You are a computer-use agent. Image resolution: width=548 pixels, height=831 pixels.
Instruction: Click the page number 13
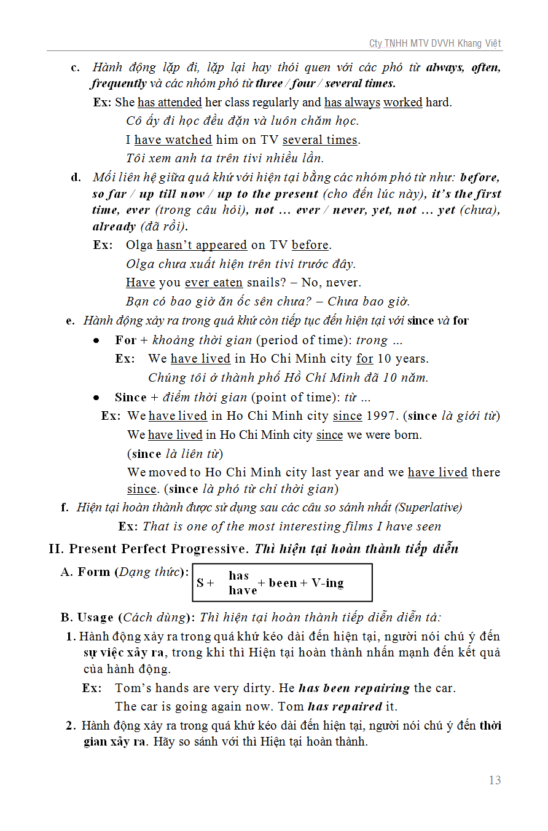495,780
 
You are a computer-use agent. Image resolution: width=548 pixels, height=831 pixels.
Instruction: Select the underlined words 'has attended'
170,102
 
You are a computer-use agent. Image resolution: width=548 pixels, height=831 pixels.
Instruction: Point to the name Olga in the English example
139,245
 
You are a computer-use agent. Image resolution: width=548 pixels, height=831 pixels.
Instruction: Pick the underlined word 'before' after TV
310,245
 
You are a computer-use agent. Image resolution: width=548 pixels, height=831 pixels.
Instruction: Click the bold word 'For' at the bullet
125,340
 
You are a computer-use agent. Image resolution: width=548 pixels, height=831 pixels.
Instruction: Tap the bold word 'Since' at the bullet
130,397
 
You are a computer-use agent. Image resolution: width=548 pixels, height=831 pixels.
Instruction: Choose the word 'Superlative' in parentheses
428,507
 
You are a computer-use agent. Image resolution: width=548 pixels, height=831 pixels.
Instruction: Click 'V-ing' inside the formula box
327,583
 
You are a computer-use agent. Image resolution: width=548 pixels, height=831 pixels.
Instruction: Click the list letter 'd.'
76,178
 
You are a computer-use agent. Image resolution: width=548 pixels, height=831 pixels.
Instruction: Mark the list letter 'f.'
65,507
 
